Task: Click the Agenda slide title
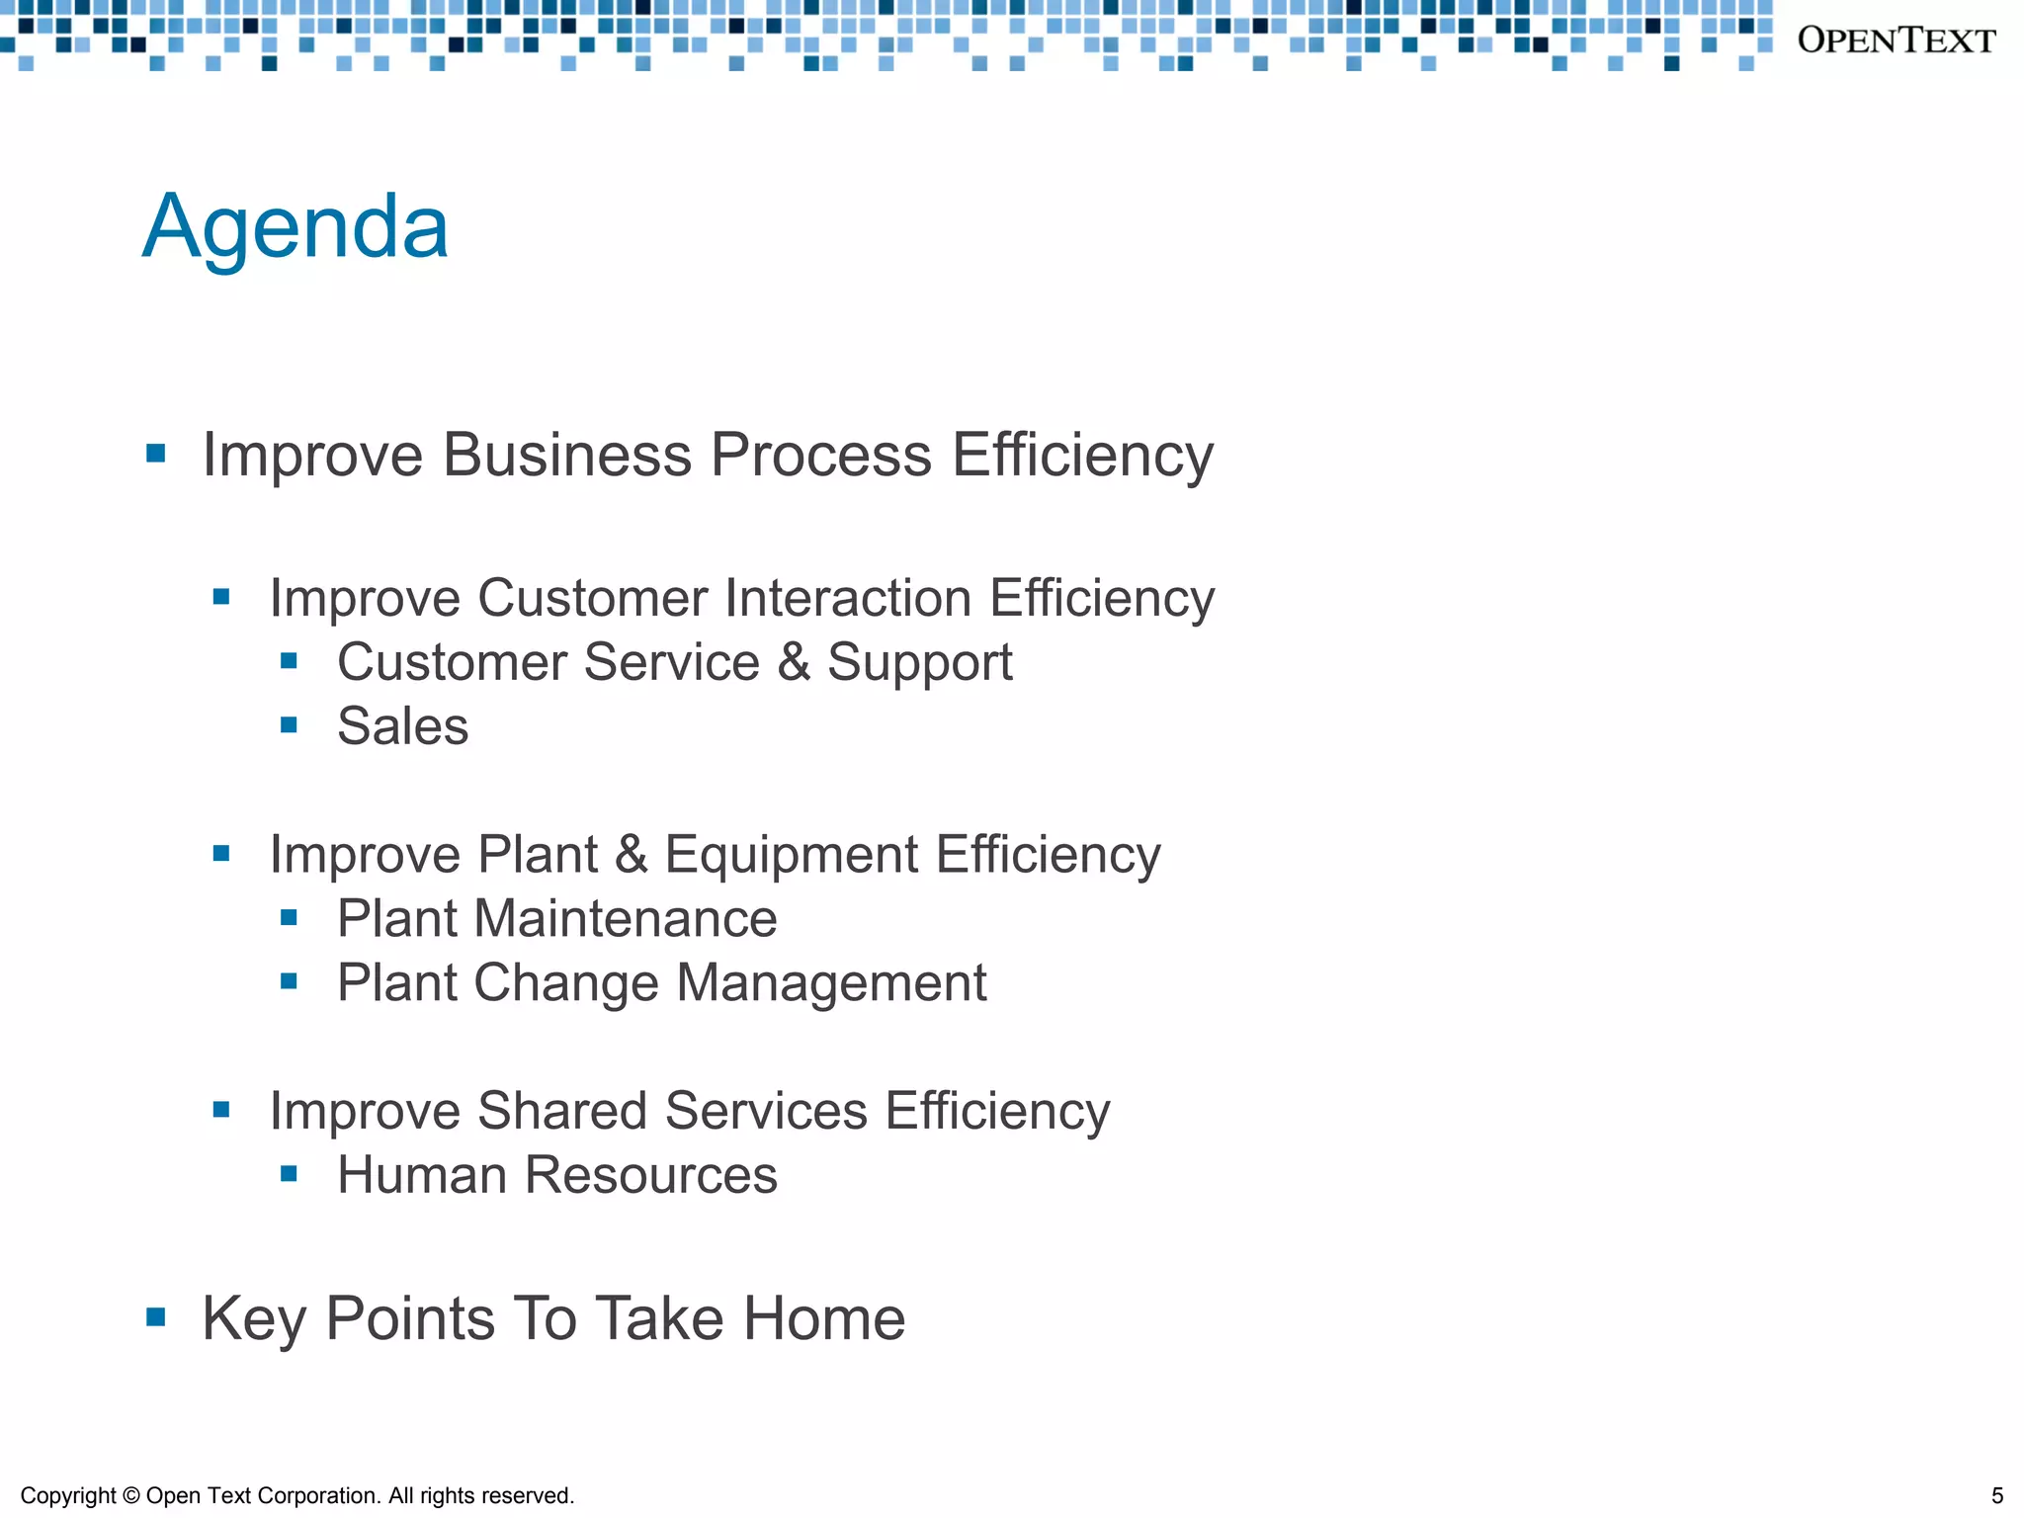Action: [295, 228]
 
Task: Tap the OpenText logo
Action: [1896, 41]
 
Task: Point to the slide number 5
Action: [1996, 1495]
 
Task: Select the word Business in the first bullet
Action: [566, 456]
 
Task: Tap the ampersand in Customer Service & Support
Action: [794, 662]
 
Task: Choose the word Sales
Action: [402, 726]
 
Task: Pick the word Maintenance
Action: [626, 919]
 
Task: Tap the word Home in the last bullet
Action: [824, 1318]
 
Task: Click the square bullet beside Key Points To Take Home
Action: [155, 1316]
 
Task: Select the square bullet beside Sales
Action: [289, 725]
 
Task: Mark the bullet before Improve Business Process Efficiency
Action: [155, 454]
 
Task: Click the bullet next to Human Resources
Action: [289, 1174]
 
